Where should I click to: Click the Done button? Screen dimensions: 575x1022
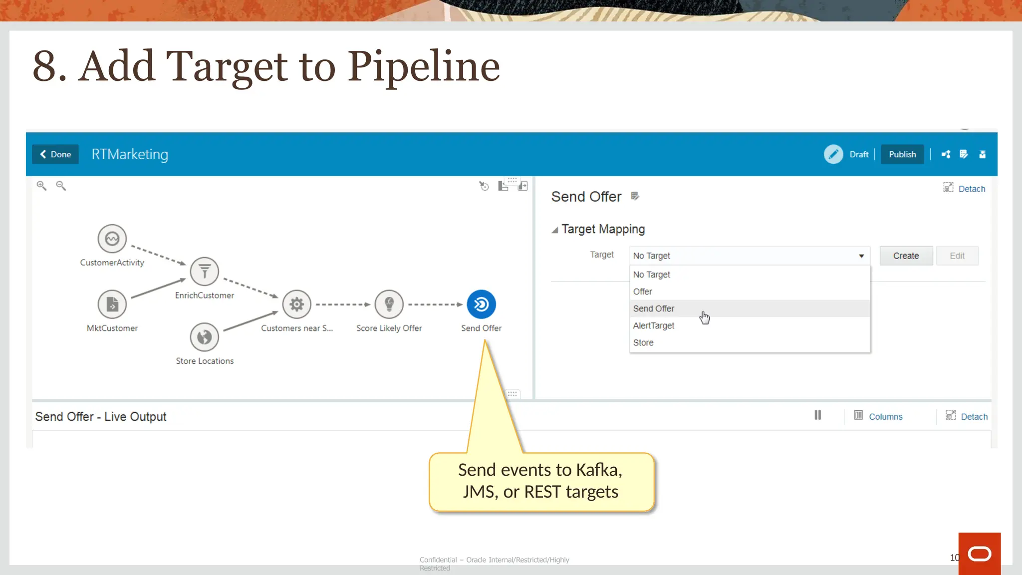pyautogui.click(x=55, y=154)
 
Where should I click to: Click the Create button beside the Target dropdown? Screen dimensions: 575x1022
pyautogui.click(x=906, y=256)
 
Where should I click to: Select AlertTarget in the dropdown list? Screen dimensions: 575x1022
pyautogui.click(x=653, y=325)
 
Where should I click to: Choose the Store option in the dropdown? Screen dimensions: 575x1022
pyautogui.click(x=643, y=342)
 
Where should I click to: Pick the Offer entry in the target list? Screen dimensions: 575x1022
pyautogui.click(x=642, y=291)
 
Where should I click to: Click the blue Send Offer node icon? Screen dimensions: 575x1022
pyautogui.click(x=481, y=304)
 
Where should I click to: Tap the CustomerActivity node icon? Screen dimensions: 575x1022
pyautogui.click(x=112, y=239)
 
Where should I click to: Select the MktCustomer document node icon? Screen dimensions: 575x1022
pyautogui.click(x=112, y=304)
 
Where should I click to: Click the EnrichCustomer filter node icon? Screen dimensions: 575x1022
pyautogui.click(x=204, y=272)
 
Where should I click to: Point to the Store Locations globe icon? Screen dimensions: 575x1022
pyautogui.click(x=204, y=337)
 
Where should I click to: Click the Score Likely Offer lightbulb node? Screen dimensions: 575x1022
pyautogui.click(x=389, y=304)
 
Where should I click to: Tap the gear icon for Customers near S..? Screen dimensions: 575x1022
pyautogui.click(x=296, y=304)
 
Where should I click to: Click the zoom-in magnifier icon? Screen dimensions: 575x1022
pyautogui.click(x=41, y=186)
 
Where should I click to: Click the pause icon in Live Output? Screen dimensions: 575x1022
pyautogui.click(x=817, y=415)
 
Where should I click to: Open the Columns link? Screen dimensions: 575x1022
pyautogui.click(x=885, y=417)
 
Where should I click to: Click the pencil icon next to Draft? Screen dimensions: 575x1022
pyautogui.click(x=833, y=154)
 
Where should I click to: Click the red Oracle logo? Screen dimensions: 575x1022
pyautogui.click(x=979, y=554)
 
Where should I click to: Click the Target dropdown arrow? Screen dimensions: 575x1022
pyautogui.click(x=861, y=256)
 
